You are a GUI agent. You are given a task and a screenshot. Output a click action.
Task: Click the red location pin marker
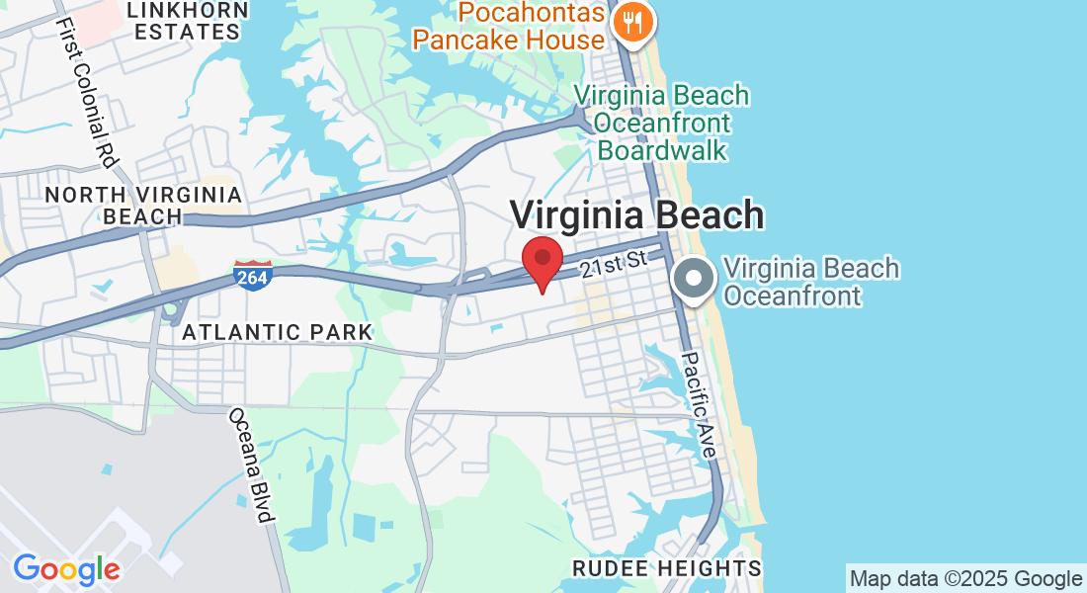543,260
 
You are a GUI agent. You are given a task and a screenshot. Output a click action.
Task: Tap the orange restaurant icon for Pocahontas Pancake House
630,21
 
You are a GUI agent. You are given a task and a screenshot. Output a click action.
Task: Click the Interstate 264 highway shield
252,276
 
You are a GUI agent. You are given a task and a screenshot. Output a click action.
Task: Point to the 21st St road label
613,264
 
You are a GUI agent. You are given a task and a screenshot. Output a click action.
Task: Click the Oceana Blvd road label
250,465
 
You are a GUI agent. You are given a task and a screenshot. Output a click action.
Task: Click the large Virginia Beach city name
636,214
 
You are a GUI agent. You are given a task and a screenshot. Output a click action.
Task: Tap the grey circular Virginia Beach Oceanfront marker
694,279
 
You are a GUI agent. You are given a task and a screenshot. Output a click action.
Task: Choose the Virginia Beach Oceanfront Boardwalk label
662,123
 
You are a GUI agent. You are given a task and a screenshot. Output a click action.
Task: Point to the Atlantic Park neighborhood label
278,332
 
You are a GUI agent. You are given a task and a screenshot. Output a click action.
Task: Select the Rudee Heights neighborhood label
667,568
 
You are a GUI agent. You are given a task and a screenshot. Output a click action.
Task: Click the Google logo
66,570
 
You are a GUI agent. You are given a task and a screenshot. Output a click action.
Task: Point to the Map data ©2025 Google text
965,579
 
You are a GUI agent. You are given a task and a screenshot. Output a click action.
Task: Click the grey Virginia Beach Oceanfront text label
810,282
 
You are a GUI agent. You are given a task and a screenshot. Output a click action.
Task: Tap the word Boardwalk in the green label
662,150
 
